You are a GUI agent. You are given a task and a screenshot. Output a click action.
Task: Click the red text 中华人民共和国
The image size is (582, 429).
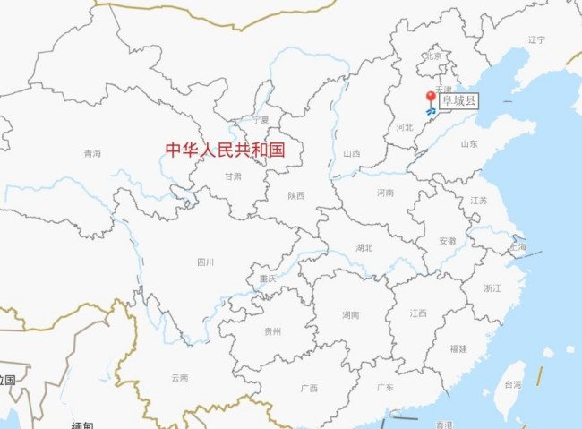pos(226,150)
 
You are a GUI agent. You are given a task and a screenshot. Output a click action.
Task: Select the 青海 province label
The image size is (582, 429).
pos(91,153)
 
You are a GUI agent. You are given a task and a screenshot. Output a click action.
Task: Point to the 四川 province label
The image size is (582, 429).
pos(205,262)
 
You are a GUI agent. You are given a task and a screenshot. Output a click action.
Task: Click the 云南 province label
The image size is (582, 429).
pos(179,377)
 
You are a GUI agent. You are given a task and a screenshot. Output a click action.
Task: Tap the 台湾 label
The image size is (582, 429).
pos(511,384)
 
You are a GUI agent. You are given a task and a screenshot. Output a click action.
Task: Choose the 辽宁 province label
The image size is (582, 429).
pos(536,39)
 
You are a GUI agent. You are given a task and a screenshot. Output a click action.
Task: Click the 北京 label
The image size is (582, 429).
pos(435,56)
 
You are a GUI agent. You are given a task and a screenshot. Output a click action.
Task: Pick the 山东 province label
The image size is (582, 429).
pos(469,143)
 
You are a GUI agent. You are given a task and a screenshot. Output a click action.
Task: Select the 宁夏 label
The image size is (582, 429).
pos(261,119)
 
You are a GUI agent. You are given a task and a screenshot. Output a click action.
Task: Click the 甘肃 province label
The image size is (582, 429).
pos(233,176)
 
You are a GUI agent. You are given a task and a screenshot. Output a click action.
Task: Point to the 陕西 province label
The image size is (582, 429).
pos(296,194)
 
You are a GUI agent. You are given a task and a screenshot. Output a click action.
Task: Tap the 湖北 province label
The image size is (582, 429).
pos(364,247)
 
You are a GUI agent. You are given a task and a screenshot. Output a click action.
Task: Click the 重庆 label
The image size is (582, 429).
pos(267,279)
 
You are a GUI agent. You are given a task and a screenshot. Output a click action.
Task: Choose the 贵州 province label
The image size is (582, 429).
pos(273,331)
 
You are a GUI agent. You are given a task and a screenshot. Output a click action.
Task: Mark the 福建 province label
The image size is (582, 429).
pos(459,347)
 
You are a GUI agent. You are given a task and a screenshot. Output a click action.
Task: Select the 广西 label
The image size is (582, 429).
pos(309,388)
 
